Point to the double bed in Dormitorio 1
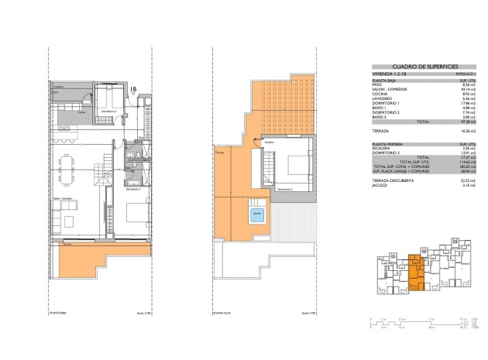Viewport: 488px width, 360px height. point(126,213)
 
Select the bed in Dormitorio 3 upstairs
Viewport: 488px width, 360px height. point(297,165)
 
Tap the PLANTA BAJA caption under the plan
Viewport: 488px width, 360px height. point(57,313)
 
